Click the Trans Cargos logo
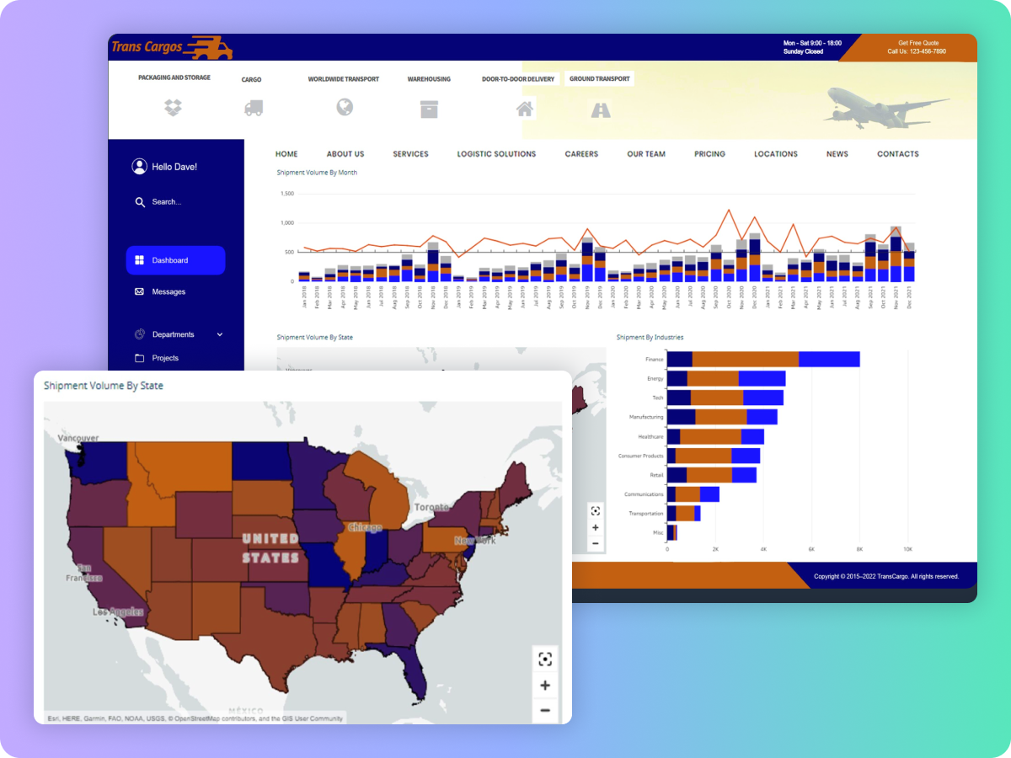coord(171,47)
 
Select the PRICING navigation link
coord(709,154)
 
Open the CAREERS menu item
coord(581,154)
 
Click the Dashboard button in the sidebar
coord(175,260)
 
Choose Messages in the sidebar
coord(168,291)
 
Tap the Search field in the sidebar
coord(166,202)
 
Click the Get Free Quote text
coord(917,43)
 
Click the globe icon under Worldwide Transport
coord(344,107)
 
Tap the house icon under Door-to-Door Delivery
coord(525,109)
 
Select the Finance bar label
coord(654,360)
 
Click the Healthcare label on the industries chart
coord(650,437)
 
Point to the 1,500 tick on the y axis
coord(287,194)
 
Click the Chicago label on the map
coord(365,527)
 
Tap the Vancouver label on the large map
coord(78,438)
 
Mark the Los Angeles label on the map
coord(118,612)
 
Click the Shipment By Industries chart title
coord(650,338)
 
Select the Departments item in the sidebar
coord(173,334)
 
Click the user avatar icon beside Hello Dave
coord(139,167)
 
